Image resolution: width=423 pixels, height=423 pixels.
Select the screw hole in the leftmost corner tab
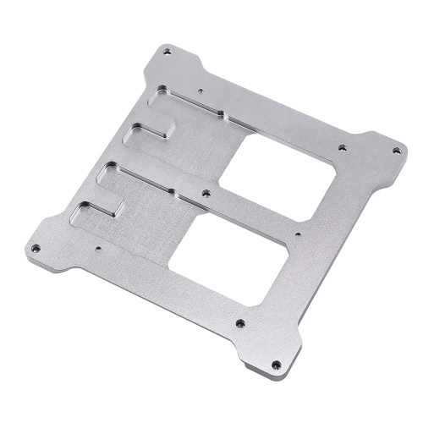click(36, 249)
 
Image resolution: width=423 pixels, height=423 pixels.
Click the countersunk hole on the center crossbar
click(206, 194)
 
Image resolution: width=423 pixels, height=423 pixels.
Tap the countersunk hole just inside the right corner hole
click(342, 147)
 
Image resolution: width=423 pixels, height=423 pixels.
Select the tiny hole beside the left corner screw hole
click(99, 250)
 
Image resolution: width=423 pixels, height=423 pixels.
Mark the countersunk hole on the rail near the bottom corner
click(240, 322)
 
